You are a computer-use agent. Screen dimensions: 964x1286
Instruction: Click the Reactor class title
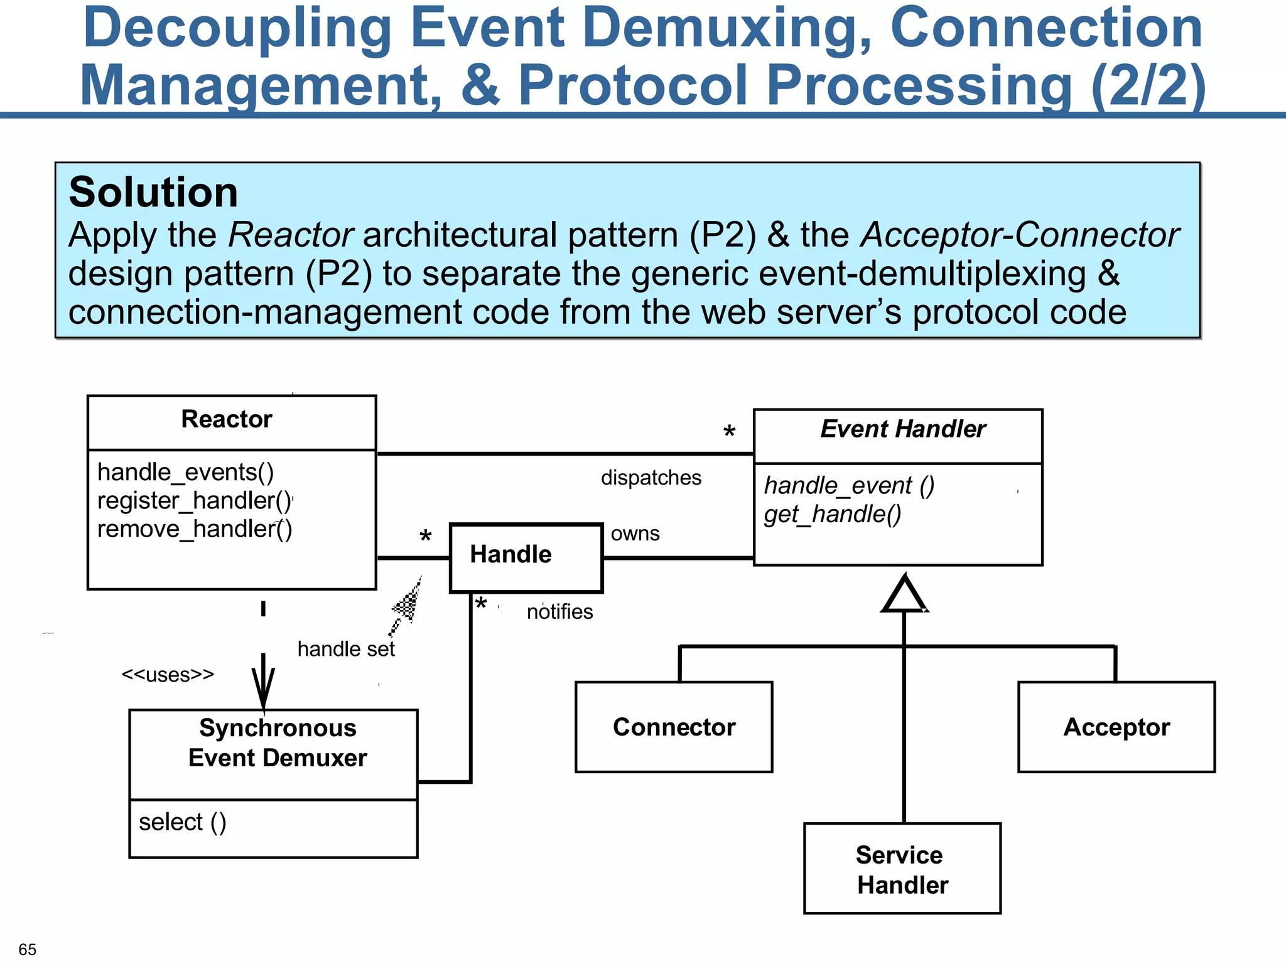click(x=227, y=419)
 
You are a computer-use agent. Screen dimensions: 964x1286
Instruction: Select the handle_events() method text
click(x=186, y=472)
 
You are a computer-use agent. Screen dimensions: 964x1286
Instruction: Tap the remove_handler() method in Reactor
click(x=195, y=529)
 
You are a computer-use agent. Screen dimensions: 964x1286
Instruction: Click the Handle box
click(x=526, y=557)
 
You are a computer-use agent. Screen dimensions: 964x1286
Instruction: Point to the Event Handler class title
click(x=903, y=429)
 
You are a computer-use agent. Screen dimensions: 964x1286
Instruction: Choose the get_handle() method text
click(x=833, y=514)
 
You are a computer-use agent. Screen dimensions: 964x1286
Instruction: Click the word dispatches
click(x=651, y=478)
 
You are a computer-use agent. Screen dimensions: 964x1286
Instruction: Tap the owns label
click(x=635, y=533)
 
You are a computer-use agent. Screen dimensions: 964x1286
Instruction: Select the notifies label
click(x=559, y=611)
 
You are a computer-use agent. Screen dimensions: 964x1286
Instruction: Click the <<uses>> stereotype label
click(x=168, y=675)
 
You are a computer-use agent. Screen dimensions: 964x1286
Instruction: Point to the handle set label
click(x=346, y=649)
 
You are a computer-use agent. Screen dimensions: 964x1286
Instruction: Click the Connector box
click(x=674, y=727)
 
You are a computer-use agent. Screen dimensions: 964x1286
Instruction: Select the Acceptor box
click(x=1116, y=727)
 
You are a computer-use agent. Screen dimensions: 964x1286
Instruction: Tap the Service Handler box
click(x=902, y=869)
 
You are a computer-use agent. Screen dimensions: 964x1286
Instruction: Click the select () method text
click(x=183, y=822)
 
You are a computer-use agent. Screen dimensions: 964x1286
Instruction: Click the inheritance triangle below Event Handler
click(x=904, y=596)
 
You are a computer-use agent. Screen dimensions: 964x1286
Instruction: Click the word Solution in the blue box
click(x=153, y=192)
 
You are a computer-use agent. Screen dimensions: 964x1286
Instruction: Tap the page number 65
click(x=28, y=949)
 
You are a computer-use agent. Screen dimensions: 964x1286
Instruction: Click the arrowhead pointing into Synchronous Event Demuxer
click(x=263, y=690)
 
